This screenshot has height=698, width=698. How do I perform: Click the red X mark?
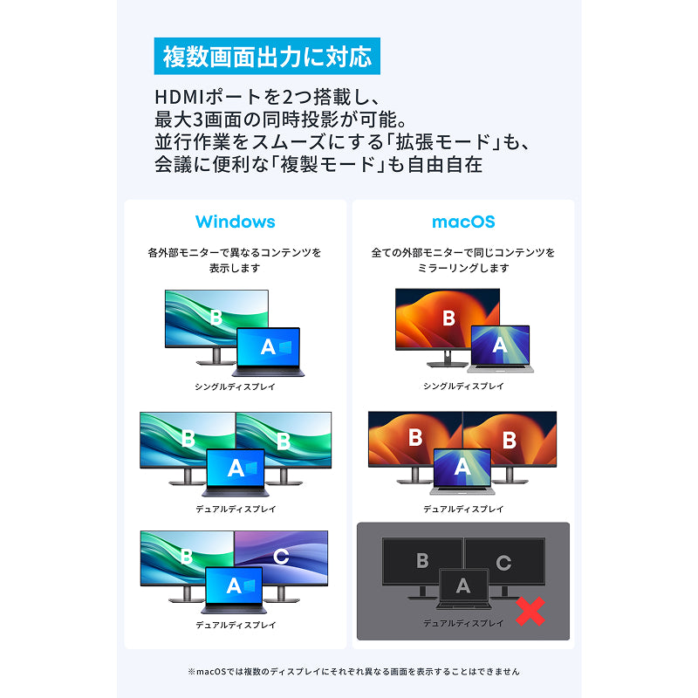[x=530, y=612]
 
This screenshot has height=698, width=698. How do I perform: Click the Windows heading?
[x=235, y=222]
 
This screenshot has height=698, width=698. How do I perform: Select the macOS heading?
[x=463, y=222]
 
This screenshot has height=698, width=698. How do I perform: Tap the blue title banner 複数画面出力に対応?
[x=267, y=56]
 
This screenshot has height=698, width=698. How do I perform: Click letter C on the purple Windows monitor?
[x=281, y=556]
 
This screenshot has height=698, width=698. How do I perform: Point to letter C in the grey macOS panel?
[x=503, y=563]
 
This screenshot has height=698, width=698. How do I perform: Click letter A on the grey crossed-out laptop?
[x=463, y=585]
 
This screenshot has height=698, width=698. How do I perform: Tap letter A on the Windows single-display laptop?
[x=268, y=346]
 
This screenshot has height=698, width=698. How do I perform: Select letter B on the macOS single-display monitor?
[x=448, y=318]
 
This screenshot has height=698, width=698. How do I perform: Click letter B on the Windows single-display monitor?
[x=216, y=318]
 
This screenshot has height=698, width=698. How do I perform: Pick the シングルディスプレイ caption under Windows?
[x=235, y=387]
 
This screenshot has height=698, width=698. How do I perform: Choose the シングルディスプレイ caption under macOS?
[x=463, y=386]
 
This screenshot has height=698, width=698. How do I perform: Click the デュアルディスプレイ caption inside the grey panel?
[x=463, y=623]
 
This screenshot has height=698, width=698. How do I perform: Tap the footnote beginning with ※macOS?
[x=353, y=671]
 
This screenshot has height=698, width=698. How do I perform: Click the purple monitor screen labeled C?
[x=281, y=558]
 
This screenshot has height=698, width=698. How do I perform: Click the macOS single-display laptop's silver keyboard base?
[x=500, y=368]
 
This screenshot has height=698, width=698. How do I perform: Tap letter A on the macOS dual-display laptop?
[x=462, y=467]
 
